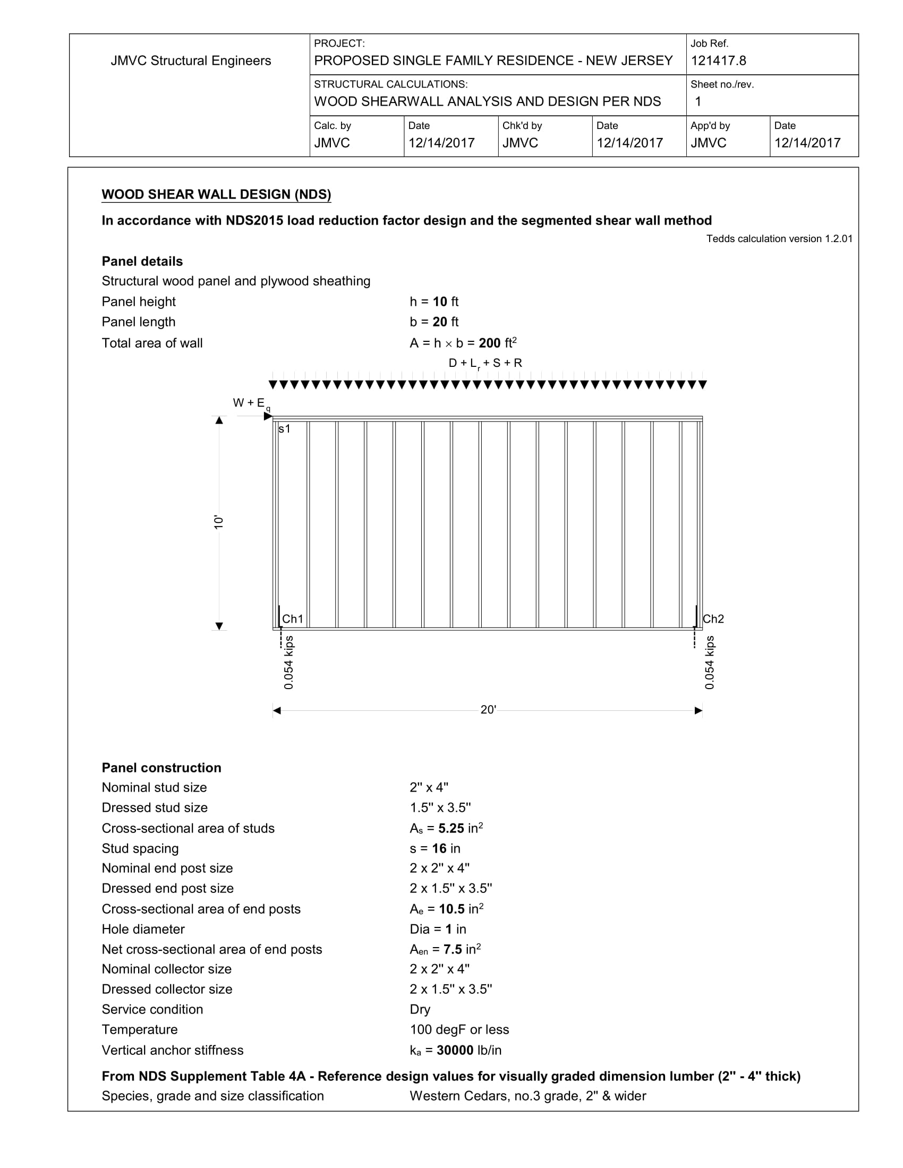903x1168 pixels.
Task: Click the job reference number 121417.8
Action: pyautogui.click(x=718, y=61)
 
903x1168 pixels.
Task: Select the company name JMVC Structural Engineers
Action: pyautogui.click(x=191, y=61)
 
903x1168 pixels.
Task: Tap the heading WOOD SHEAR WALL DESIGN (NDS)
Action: pyautogui.click(x=216, y=195)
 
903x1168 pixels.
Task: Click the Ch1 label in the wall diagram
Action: pyautogui.click(x=293, y=619)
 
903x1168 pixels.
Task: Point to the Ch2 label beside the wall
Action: pyautogui.click(x=713, y=619)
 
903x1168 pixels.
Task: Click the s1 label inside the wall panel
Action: pyautogui.click(x=284, y=428)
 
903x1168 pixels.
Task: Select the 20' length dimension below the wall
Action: pyautogui.click(x=488, y=710)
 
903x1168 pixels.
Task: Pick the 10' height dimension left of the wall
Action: pyautogui.click(x=218, y=522)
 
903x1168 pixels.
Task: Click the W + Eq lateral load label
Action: pyautogui.click(x=251, y=404)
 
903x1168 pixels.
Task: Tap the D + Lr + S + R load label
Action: pyautogui.click(x=485, y=363)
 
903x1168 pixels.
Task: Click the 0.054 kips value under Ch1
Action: pyautogui.click(x=289, y=662)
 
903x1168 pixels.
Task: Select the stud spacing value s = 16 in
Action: pyautogui.click(x=435, y=848)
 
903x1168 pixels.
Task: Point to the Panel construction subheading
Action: pyautogui.click(x=161, y=768)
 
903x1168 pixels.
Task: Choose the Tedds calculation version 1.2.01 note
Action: pyautogui.click(x=779, y=239)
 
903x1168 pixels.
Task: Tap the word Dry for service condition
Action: pyautogui.click(x=420, y=1009)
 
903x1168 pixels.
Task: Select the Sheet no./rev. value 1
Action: pyautogui.click(x=697, y=101)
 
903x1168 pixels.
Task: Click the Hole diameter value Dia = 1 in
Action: pyautogui.click(x=438, y=929)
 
